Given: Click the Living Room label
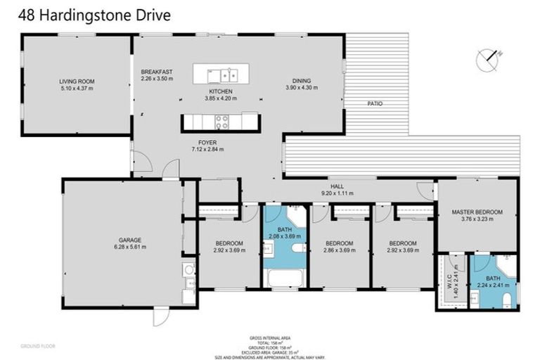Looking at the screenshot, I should click(x=76, y=82).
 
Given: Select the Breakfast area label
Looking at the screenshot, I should click(x=157, y=72).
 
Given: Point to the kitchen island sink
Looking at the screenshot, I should click(x=229, y=73).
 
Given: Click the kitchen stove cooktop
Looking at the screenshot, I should click(x=222, y=122).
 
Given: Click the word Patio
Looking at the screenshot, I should click(x=375, y=103).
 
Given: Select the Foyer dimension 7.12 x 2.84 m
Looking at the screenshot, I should click(x=207, y=150).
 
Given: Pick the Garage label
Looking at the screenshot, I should click(x=130, y=239).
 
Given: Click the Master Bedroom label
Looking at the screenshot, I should click(x=477, y=212).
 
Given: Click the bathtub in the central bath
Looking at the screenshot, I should click(x=285, y=279).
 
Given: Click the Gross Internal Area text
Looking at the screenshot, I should click(x=269, y=337).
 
